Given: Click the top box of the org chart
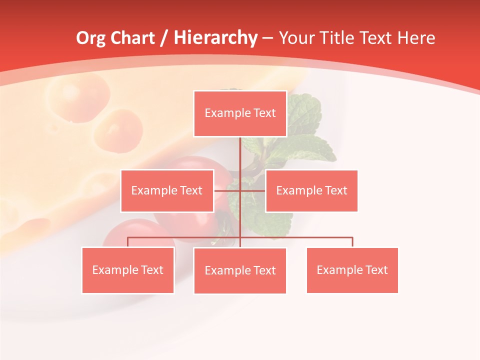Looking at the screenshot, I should click(240, 113).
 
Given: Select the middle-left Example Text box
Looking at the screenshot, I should click(167, 190).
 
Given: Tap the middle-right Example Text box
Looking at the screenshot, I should click(311, 190).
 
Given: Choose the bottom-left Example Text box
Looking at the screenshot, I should click(128, 270).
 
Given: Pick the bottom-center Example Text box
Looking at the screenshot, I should click(240, 270).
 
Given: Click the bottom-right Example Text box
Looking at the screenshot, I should click(352, 270).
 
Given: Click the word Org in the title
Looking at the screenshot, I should click(90, 38).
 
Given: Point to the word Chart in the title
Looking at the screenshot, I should click(132, 38).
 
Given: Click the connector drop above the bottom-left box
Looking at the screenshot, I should click(128, 242).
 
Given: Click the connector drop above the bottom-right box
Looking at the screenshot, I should click(352, 242).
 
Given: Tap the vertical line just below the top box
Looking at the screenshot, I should click(240, 150).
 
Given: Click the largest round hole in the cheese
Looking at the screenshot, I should click(77, 96).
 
